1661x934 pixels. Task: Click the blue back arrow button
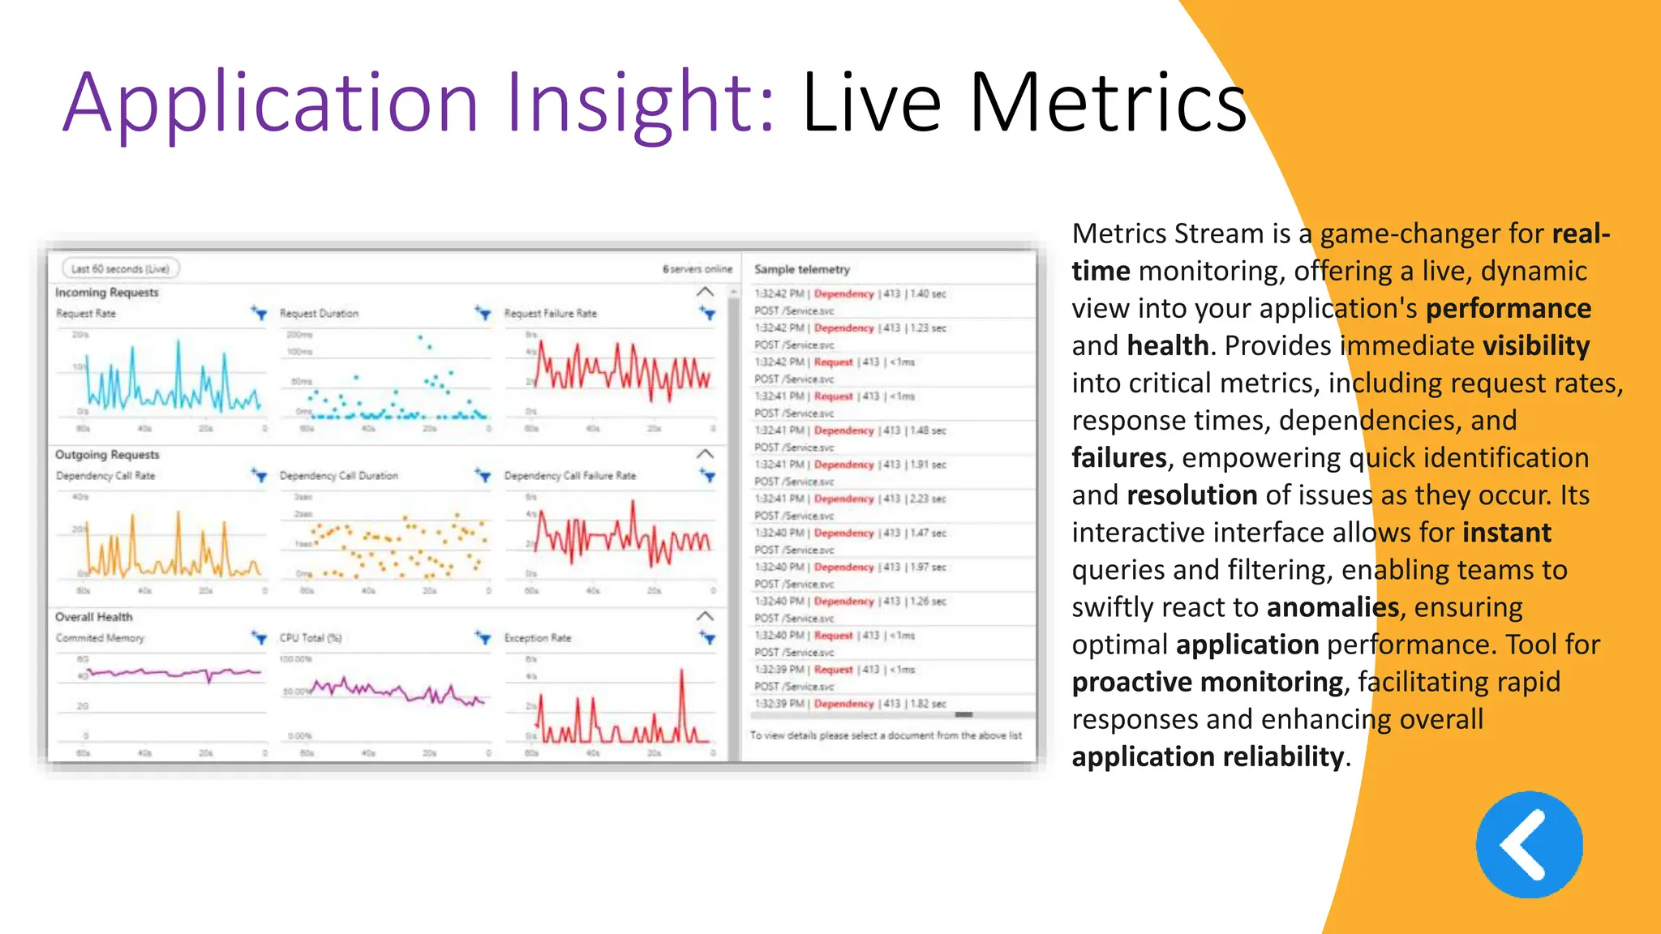(1529, 845)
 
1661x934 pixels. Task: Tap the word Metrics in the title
(1107, 103)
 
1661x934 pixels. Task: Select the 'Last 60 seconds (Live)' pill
(120, 268)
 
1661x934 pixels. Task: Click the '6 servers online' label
(697, 269)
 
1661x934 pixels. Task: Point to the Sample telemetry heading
(801, 269)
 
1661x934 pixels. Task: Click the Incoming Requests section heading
(106, 292)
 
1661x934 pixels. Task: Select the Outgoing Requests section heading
(107, 455)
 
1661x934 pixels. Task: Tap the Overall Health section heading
(93, 617)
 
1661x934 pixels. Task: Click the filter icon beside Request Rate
(259, 313)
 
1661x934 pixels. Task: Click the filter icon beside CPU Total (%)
(483, 638)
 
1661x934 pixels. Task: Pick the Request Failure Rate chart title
(550, 314)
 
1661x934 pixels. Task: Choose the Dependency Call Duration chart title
(339, 476)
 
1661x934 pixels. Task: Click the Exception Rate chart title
(537, 638)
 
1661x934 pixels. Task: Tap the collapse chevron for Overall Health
(705, 616)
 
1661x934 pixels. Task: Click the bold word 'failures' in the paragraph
(1118, 458)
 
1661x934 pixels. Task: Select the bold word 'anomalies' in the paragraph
(1333, 607)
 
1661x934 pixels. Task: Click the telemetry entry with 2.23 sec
(849, 499)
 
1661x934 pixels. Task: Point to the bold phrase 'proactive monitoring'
(1207, 682)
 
